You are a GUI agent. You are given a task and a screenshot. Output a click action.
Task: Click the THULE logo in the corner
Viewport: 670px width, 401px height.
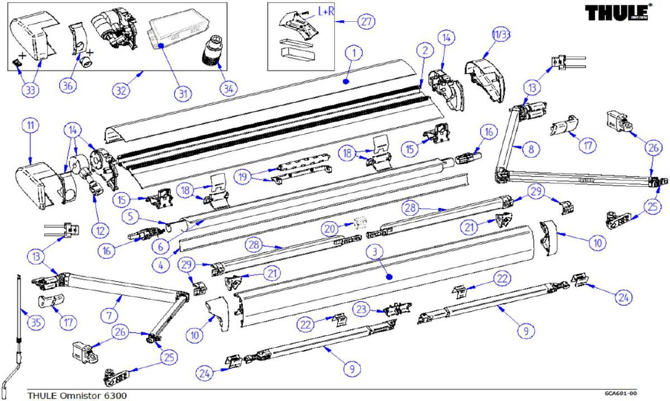[x=616, y=12]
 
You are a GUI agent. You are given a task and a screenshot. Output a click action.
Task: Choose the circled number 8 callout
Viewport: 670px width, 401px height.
[x=531, y=149]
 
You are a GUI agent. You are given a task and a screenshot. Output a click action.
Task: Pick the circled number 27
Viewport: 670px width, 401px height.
[x=366, y=22]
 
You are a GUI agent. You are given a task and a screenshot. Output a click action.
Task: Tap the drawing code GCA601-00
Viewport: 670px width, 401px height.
[x=620, y=393]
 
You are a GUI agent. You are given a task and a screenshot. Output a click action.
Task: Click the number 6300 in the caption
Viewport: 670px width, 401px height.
[x=114, y=395]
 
